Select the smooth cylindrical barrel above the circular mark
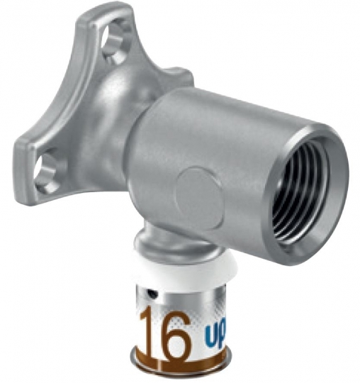click(213, 128)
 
